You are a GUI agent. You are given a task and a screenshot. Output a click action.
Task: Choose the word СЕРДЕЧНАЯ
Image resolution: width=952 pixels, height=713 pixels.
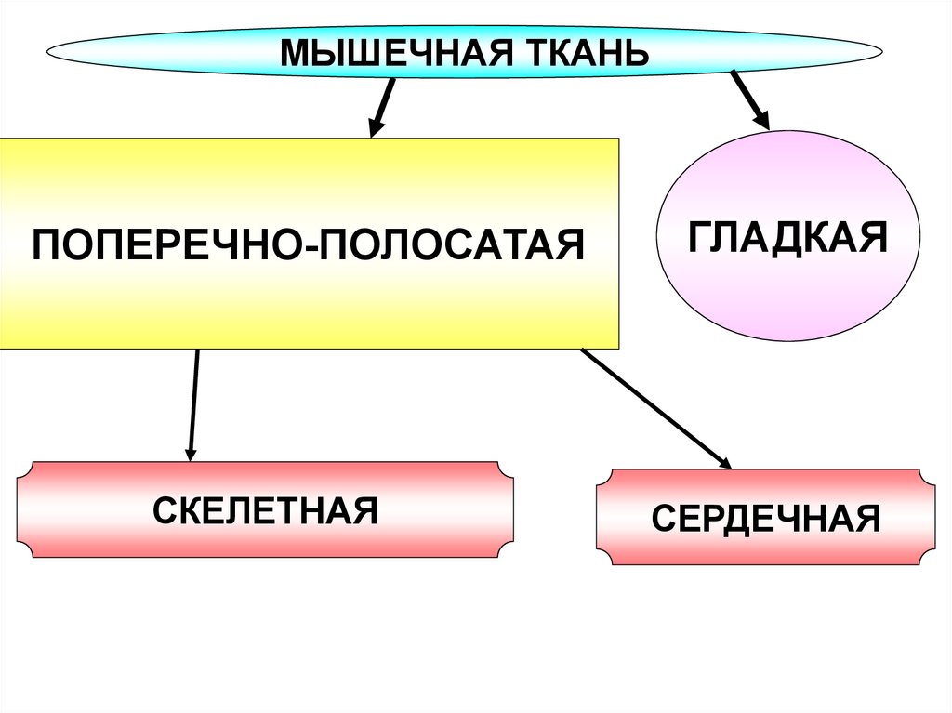[x=765, y=518]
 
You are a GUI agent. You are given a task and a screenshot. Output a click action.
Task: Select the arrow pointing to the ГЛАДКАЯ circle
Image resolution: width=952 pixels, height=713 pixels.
[x=747, y=98]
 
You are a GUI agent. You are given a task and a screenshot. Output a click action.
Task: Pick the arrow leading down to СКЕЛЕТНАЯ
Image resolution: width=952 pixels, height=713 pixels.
[x=193, y=400]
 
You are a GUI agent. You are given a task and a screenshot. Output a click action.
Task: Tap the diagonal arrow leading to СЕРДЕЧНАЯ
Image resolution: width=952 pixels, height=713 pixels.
[x=651, y=404]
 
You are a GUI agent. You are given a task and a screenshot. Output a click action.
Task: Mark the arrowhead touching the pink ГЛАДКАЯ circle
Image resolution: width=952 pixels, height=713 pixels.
[x=760, y=118]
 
